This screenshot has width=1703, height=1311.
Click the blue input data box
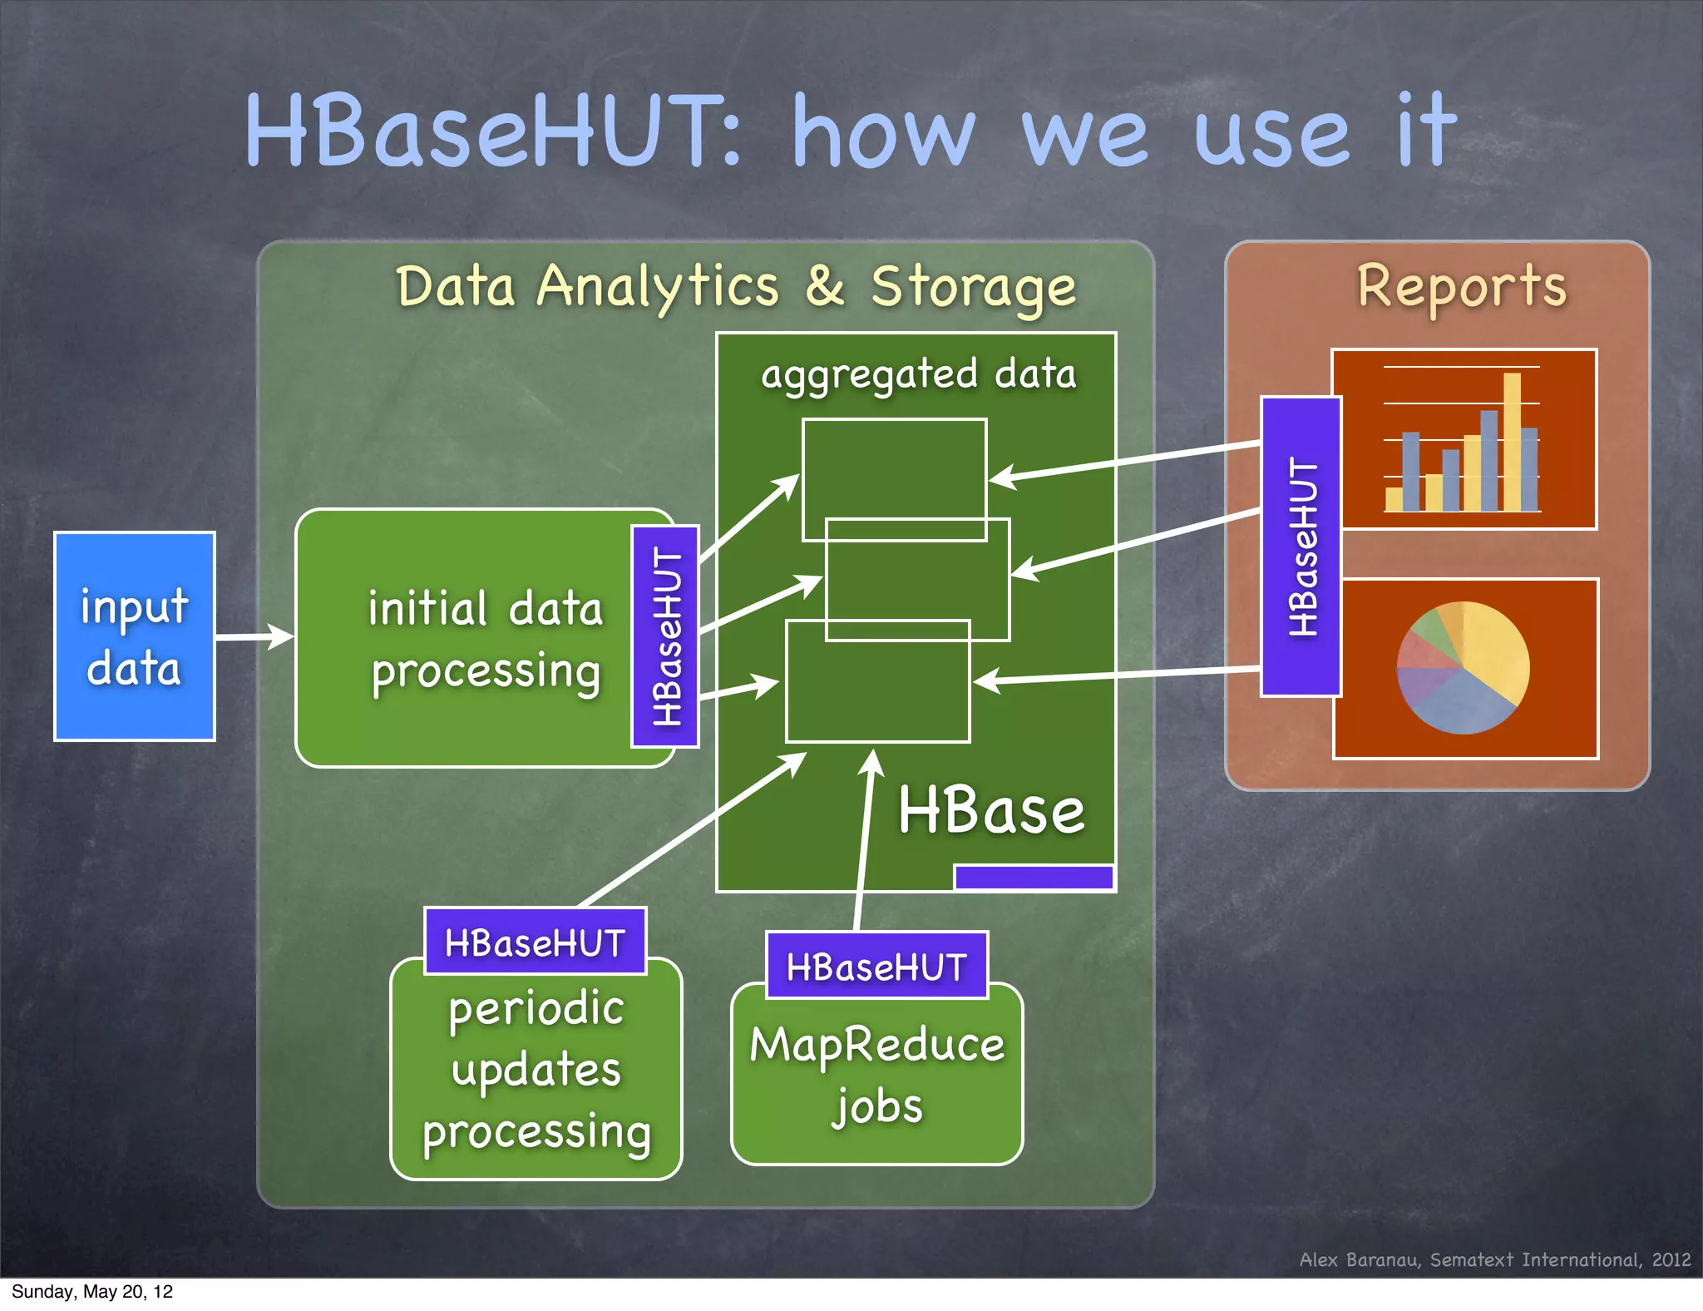[134, 636]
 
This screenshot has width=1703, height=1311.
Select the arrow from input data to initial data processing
[254, 637]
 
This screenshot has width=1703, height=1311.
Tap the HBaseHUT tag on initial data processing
[665, 636]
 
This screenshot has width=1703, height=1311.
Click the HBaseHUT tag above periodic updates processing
[535, 942]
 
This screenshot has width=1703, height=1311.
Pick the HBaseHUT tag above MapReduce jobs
[876, 967]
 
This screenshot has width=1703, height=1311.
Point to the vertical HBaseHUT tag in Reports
[1301, 547]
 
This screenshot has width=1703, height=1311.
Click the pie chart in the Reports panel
[1464, 668]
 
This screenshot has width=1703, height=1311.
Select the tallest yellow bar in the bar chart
[1512, 441]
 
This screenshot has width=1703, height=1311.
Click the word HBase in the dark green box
[991, 811]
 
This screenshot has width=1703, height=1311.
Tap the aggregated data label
[918, 374]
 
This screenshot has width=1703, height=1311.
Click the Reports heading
[1461, 286]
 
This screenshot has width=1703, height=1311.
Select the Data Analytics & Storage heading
[735, 286]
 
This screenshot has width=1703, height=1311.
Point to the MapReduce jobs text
[876, 1073]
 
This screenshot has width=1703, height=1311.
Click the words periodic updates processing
[536, 1071]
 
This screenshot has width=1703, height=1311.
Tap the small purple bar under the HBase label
[1034, 878]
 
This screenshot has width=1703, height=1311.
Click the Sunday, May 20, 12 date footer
[91, 1292]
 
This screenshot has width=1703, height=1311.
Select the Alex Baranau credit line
[1494, 1259]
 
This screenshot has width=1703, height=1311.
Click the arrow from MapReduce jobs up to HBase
[864, 840]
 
